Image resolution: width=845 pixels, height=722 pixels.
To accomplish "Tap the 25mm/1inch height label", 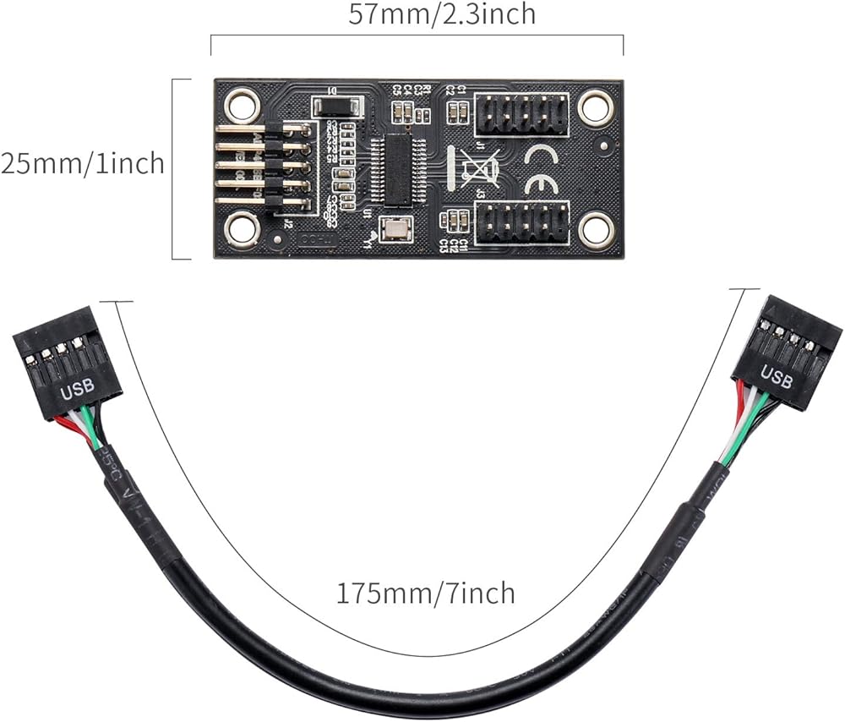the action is tap(82, 162).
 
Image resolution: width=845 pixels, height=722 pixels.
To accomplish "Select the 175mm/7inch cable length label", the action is tap(426, 593).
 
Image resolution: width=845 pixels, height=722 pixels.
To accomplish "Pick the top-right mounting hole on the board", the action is tap(595, 107).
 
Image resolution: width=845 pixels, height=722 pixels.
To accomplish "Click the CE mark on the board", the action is tap(540, 169).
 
